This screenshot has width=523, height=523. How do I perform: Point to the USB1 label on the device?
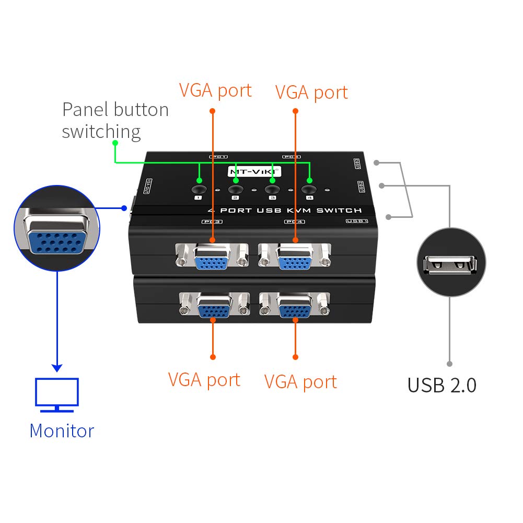click(x=357, y=222)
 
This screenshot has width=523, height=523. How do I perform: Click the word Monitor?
click(x=62, y=431)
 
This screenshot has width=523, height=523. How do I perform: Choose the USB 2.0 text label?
click(x=442, y=386)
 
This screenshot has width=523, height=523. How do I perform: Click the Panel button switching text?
click(x=115, y=120)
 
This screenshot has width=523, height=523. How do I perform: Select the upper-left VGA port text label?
click(x=215, y=90)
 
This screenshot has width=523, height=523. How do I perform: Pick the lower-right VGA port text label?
click(x=300, y=382)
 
